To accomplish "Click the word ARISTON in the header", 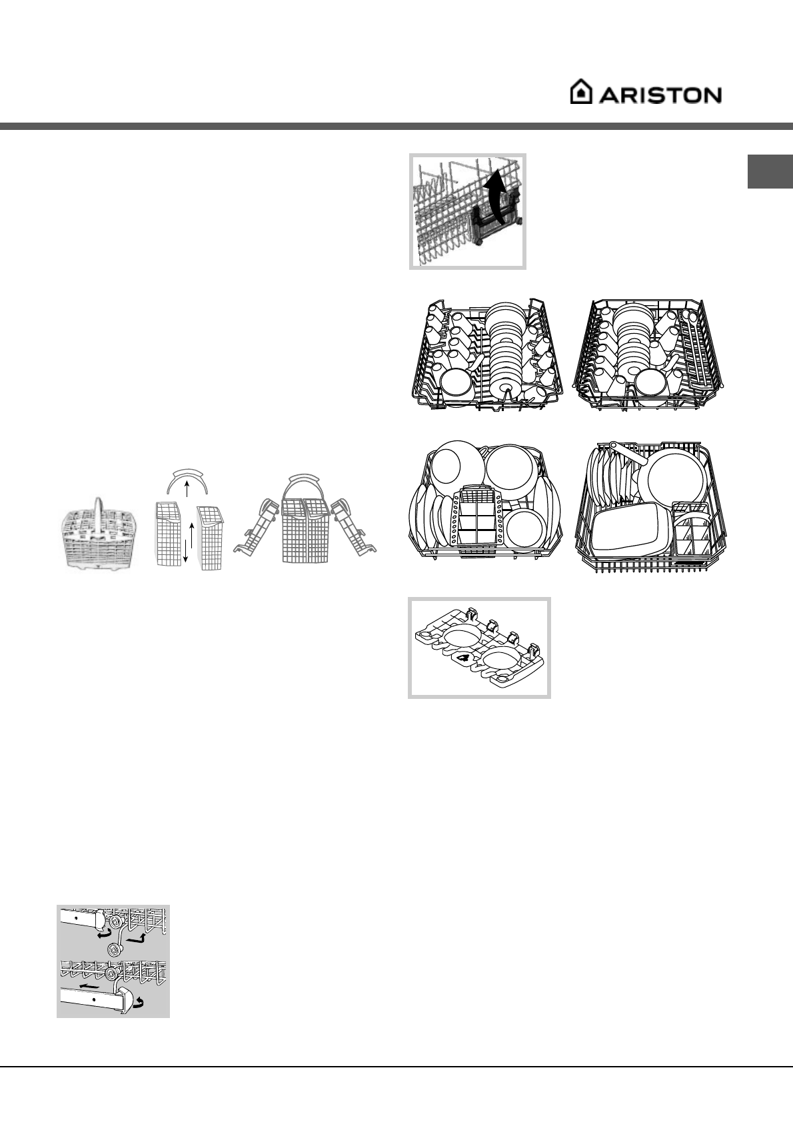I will coord(660,95).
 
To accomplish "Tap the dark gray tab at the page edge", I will coord(770,172).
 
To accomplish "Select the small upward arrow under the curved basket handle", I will coord(187,490).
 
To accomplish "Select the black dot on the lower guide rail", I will coord(95,1000).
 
